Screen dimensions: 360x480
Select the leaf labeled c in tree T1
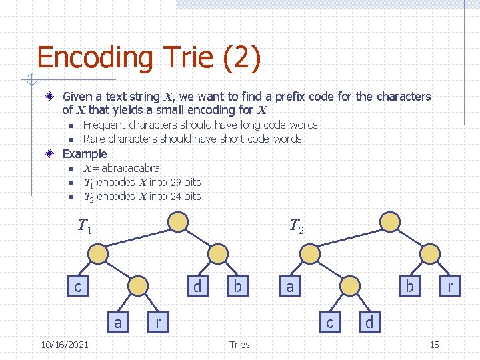[x=78, y=287]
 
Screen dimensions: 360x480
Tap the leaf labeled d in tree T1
[x=197, y=287]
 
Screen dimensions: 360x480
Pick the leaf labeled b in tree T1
[x=237, y=287]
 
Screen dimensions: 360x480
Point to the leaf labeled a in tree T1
[x=118, y=323]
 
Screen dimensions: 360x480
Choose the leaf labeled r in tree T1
[x=158, y=323]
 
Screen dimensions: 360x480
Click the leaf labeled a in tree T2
[x=290, y=287]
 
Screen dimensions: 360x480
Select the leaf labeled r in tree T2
[x=451, y=287]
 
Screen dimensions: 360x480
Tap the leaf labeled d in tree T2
[x=369, y=323]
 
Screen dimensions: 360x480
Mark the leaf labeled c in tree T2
[x=329, y=323]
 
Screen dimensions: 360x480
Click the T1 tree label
[x=84, y=227]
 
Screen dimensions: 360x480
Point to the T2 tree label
[x=297, y=227]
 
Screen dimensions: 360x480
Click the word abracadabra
[x=131, y=168]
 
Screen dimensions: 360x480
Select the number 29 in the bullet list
[x=176, y=182]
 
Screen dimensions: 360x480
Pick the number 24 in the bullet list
[x=176, y=196]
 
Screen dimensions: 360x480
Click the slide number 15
[x=434, y=344]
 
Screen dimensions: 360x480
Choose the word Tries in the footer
[x=239, y=344]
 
